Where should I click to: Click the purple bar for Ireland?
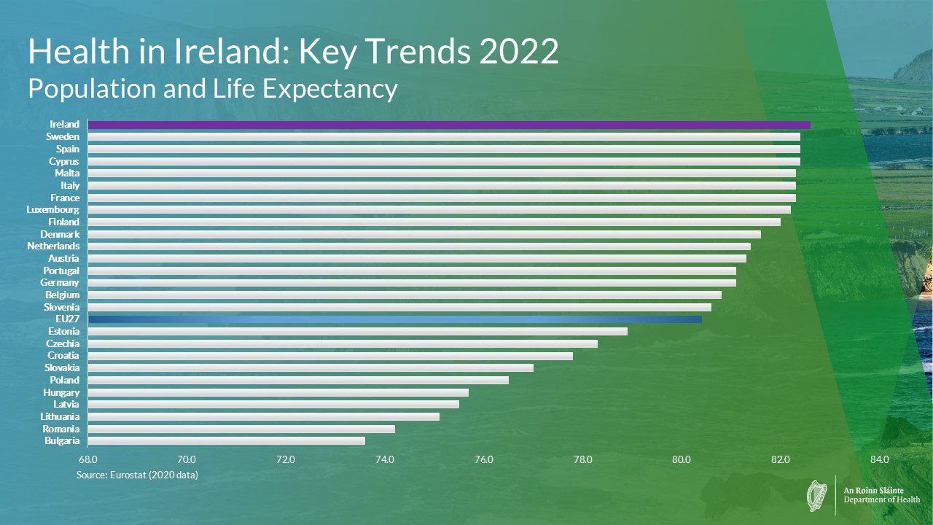pyautogui.click(x=448, y=125)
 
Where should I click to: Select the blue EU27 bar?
pyautogui.click(x=394, y=319)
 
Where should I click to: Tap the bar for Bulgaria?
pyautogui.click(x=226, y=440)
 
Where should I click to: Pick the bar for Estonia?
pyautogui.click(x=357, y=331)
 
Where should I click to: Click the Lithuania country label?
pyautogui.click(x=60, y=416)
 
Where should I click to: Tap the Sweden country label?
pyautogui.click(x=63, y=137)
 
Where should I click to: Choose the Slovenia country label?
pyautogui.click(x=62, y=307)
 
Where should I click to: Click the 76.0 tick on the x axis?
pyautogui.click(x=483, y=459)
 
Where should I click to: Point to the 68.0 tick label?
pyautogui.click(x=87, y=459)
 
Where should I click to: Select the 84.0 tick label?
pyautogui.click(x=879, y=459)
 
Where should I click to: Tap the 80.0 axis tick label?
pyautogui.click(x=682, y=459)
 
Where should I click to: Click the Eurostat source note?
pyautogui.click(x=137, y=475)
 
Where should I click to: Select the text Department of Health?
pyautogui.click(x=881, y=499)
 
